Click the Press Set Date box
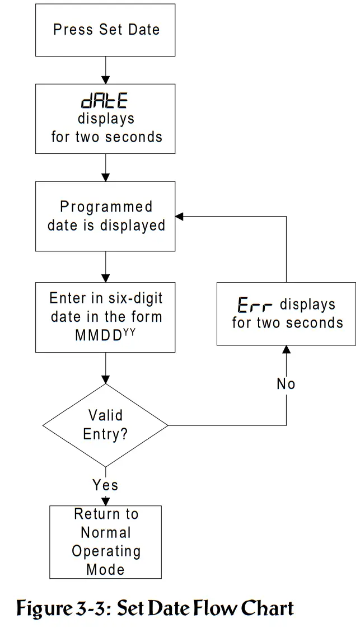coord(106,30)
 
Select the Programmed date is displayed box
coord(106,216)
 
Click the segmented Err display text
coord(255,306)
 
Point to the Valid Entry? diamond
coord(106,425)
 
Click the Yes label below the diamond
coord(106,485)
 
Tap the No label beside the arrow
coord(286,384)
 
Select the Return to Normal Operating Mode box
coord(106,542)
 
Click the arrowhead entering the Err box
coord(287,350)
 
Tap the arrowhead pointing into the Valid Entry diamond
coord(106,379)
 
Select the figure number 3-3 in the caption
coord(96,608)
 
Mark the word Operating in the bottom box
coord(106,551)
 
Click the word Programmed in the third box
coord(106,207)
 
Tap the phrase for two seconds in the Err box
coord(287,323)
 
